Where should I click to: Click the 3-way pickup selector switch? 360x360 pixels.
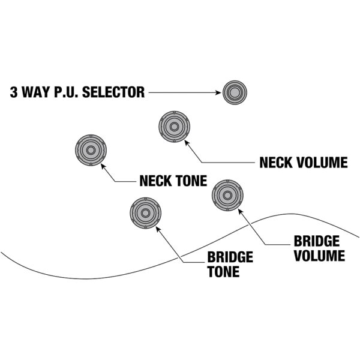[235, 92]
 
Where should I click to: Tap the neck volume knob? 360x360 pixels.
[175, 127]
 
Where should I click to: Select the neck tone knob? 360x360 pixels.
[91, 149]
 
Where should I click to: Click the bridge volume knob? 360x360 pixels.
[227, 194]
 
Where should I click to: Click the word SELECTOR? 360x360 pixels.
[115, 92]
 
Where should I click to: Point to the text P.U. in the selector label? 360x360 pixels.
[68, 92]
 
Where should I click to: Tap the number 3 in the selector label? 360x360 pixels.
[13, 92]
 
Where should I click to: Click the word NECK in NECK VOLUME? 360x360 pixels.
[277, 163]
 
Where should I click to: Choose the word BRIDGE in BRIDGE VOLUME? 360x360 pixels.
[317, 242]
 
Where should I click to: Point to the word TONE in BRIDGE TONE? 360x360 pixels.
[223, 271]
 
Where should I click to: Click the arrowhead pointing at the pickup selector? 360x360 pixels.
[218, 92]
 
